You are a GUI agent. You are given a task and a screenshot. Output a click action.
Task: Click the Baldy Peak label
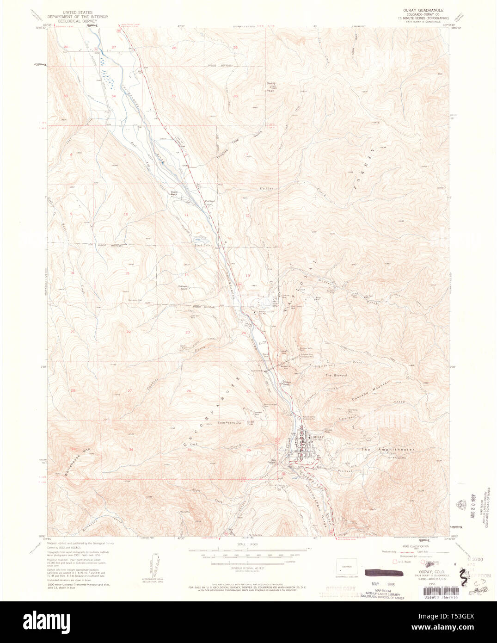(x=271, y=87)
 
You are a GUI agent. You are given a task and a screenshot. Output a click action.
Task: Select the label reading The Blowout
(x=336, y=375)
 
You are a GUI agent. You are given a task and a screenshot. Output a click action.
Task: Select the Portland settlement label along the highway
(x=210, y=201)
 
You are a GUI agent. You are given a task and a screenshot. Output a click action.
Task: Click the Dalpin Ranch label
(x=174, y=193)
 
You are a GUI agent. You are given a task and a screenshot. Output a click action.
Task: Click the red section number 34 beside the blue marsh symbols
(x=114, y=96)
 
